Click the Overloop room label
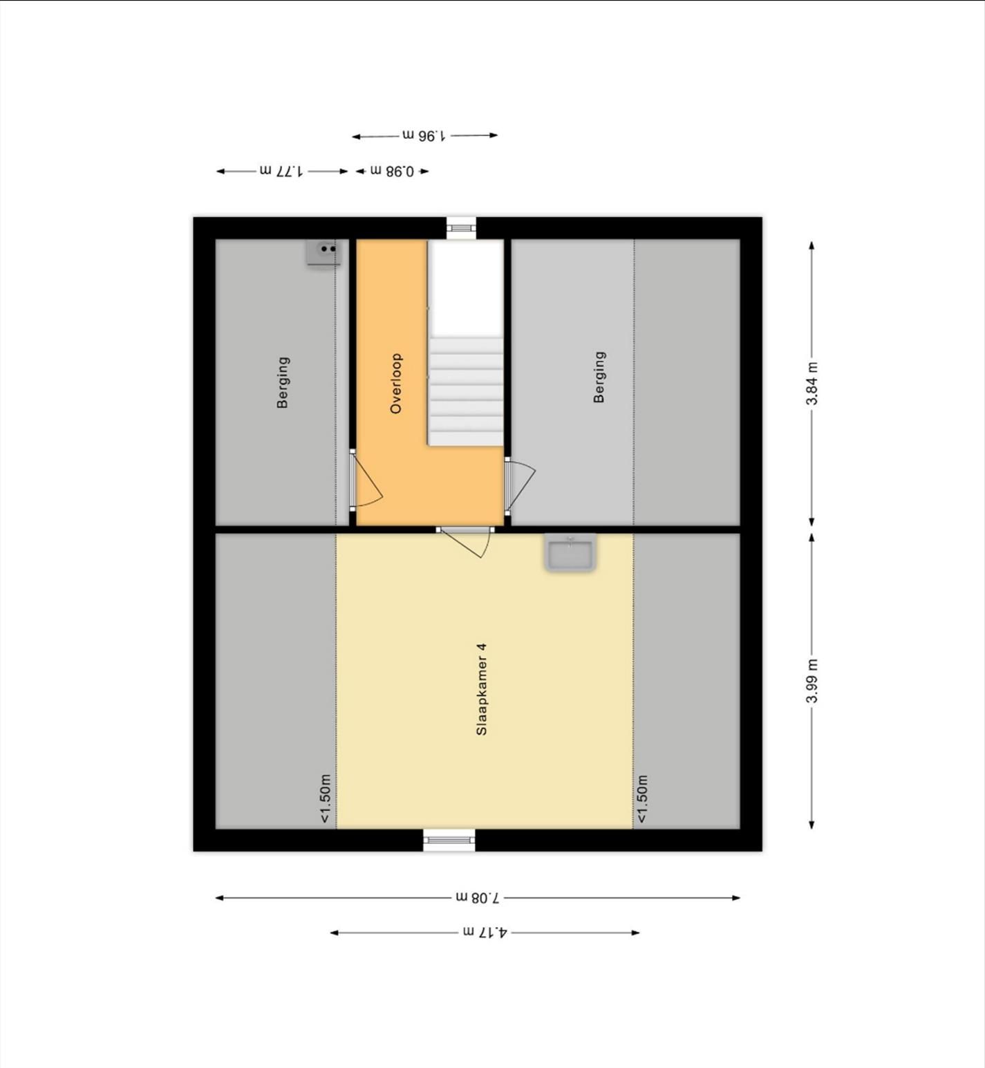coord(396,384)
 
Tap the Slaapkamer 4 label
coord(482,688)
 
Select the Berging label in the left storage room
coord(283,382)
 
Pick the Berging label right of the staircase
coord(599,377)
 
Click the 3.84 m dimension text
coord(812,384)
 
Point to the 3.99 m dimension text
coord(812,681)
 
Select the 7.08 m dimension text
coord(477,898)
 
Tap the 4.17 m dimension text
coord(485,933)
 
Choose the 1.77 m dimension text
coord(281,171)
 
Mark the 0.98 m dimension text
coord(392,171)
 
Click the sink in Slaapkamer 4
coord(570,554)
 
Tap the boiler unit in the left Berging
coord(323,252)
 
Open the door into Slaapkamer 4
coord(466,541)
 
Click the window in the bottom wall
coord(449,840)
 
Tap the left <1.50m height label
coord(326,798)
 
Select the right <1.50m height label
coord(642,798)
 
